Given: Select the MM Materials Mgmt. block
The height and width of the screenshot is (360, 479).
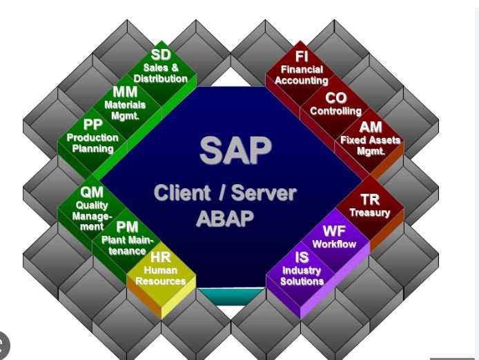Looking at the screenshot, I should pyautogui.click(x=126, y=103).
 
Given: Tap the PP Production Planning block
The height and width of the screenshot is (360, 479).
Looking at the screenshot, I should pyautogui.click(x=92, y=136).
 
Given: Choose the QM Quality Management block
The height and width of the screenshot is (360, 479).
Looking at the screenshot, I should pyautogui.click(x=92, y=206).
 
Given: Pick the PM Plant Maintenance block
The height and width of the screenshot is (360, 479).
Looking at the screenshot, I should pyautogui.click(x=126, y=238).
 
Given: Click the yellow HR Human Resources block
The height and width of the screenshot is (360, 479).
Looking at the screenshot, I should pyautogui.click(x=161, y=270).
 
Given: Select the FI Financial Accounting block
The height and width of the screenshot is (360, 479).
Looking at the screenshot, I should pyautogui.click(x=302, y=68).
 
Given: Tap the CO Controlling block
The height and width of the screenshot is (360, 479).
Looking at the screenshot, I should pyautogui.click(x=335, y=103).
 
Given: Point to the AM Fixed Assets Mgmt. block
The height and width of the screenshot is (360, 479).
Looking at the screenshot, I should pyautogui.click(x=371, y=138).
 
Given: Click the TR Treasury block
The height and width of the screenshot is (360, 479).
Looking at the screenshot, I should pyautogui.click(x=370, y=206).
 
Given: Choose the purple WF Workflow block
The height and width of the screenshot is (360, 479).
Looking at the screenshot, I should pyautogui.click(x=335, y=237).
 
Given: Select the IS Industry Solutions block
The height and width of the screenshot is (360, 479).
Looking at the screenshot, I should pyautogui.click(x=302, y=270).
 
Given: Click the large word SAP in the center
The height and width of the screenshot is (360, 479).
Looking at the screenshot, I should pyautogui.click(x=235, y=150).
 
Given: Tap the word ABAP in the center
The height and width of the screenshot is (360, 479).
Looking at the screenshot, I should pyautogui.click(x=225, y=217).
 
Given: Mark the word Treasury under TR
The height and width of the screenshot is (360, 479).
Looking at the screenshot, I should pyautogui.click(x=370, y=213).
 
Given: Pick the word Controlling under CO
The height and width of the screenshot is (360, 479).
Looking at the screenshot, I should pyautogui.click(x=335, y=111).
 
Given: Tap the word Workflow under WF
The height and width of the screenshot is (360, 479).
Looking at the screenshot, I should pyautogui.click(x=335, y=244).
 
